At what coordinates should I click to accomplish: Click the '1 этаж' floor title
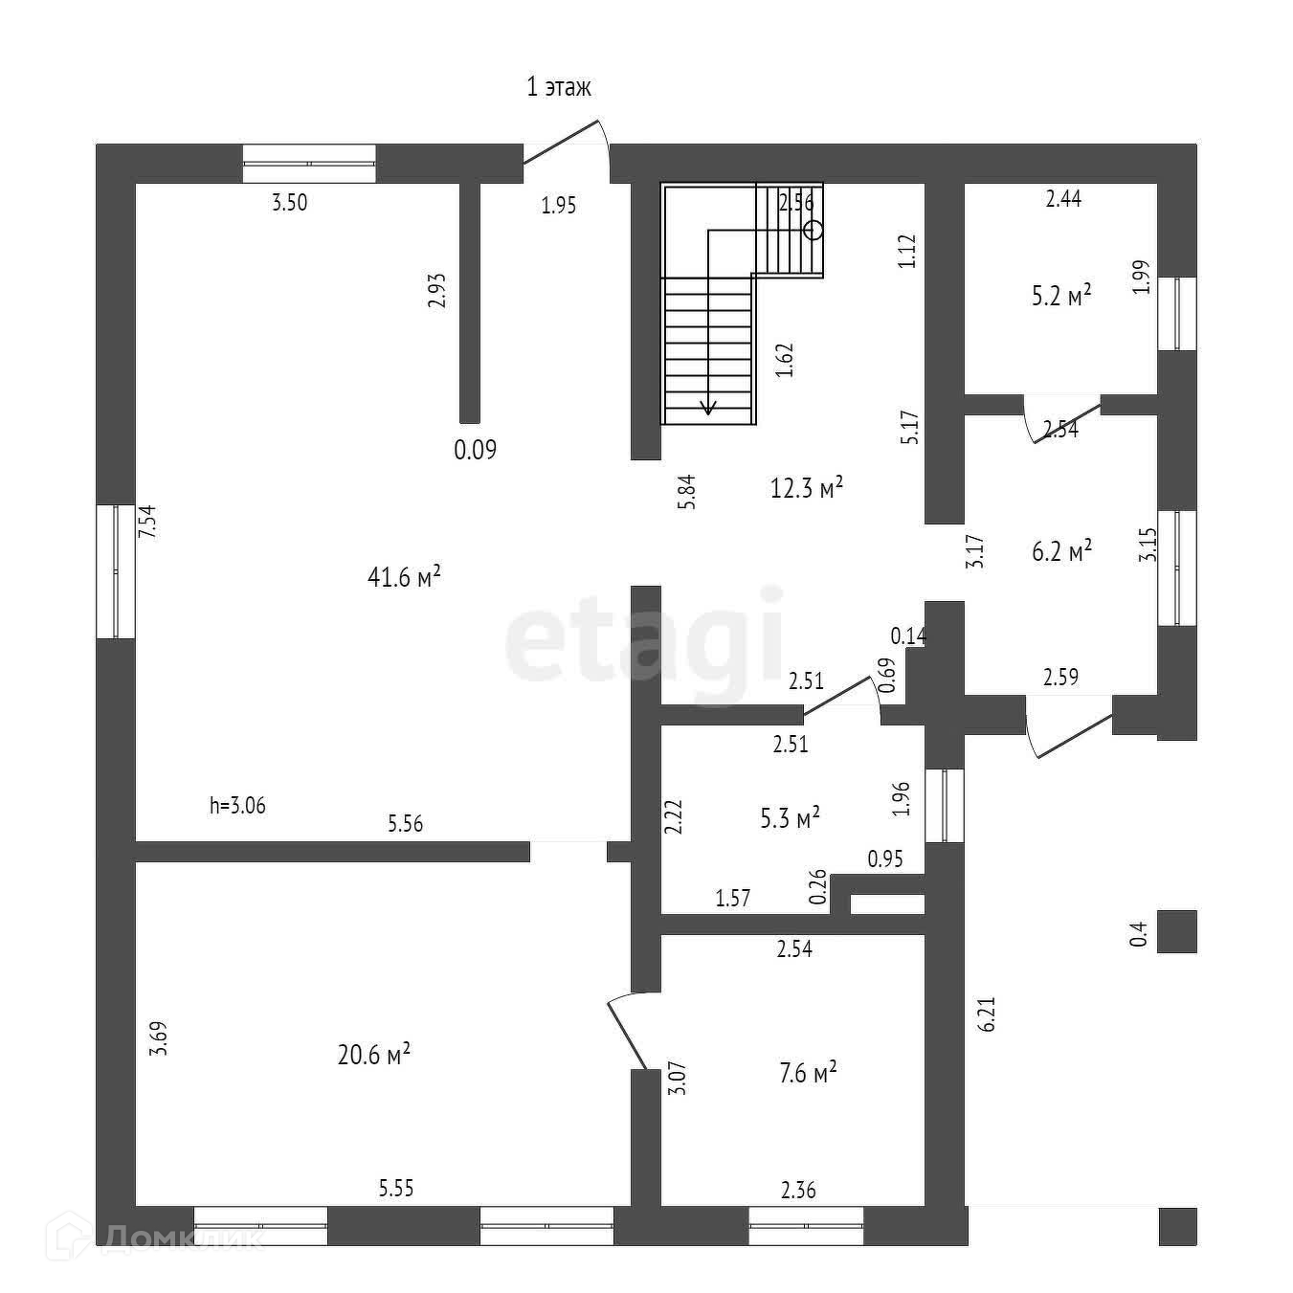[x=559, y=88]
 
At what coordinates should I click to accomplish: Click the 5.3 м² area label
[x=790, y=818]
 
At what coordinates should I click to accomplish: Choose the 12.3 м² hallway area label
[x=807, y=488]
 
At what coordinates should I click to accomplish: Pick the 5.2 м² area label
[x=1061, y=296]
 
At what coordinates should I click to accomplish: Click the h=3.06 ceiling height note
[x=237, y=806]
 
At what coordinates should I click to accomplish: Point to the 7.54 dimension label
[x=147, y=524]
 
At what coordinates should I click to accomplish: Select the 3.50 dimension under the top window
[x=290, y=202]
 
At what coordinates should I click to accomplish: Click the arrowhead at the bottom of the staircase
[x=708, y=409]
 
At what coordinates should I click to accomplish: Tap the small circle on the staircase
[x=814, y=230]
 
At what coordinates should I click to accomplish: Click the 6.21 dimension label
[x=989, y=1014]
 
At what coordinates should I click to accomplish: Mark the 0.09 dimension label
[x=475, y=450]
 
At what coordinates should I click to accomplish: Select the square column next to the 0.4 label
[x=1176, y=931]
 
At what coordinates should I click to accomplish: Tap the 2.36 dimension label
[x=798, y=1191]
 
